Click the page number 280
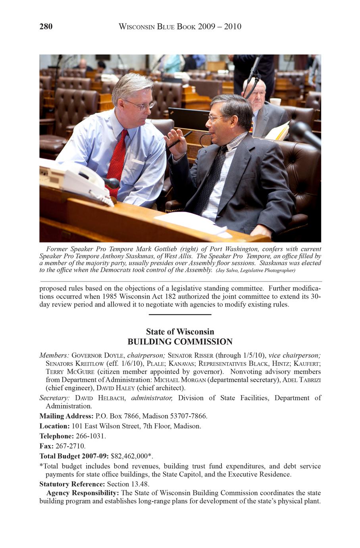(46, 27)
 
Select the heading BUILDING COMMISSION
(180, 342)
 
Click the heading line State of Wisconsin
(180, 332)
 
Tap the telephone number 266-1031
(90, 436)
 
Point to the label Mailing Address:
(66, 416)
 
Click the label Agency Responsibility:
(83, 493)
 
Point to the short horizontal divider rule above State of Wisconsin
(180, 315)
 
